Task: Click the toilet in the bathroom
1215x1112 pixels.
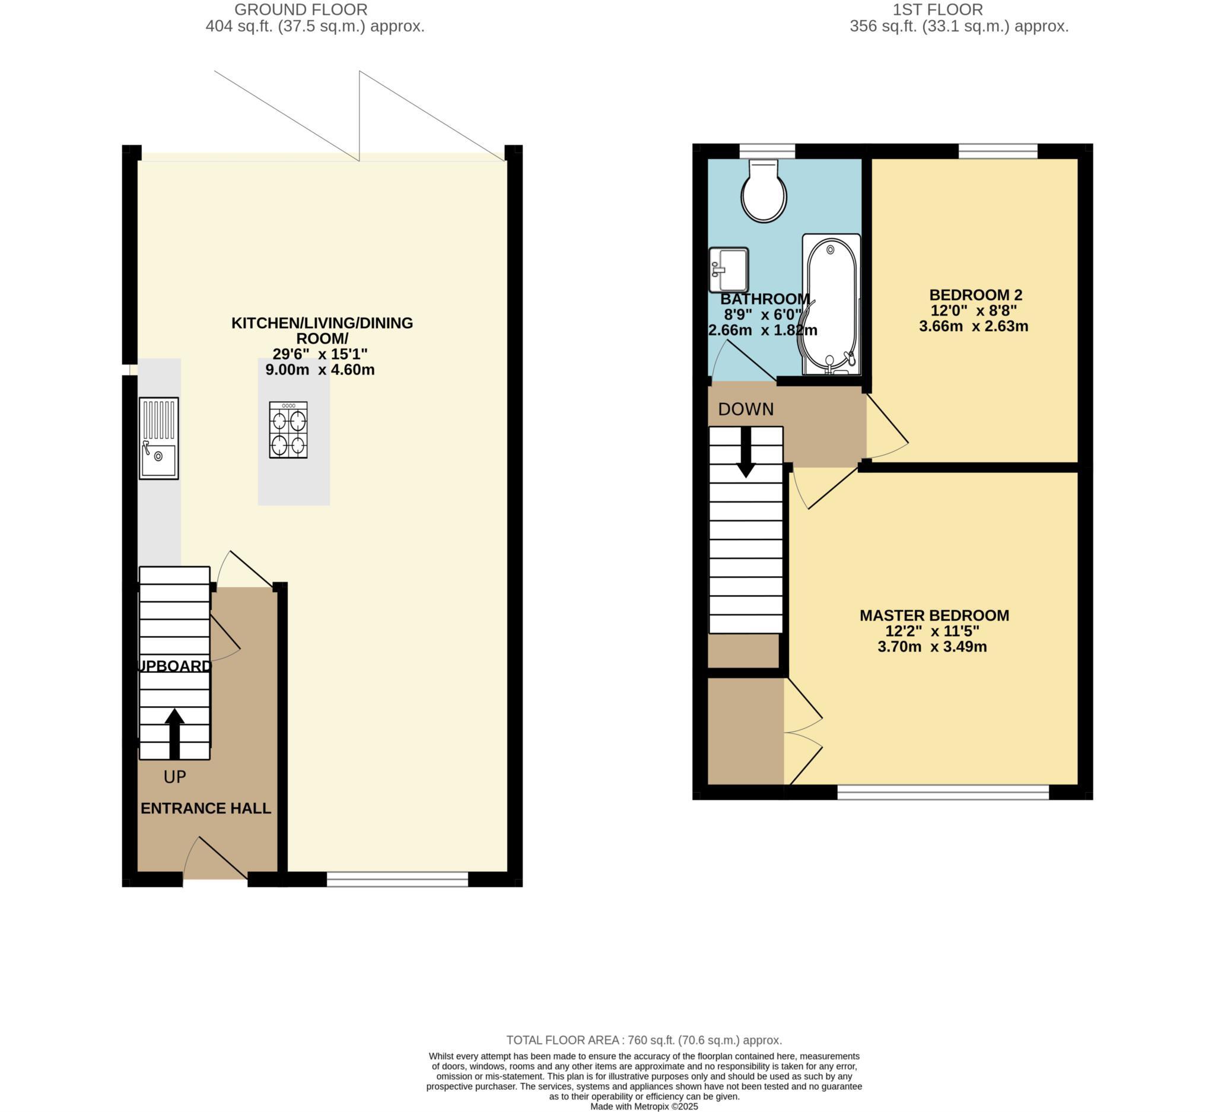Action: [x=764, y=191]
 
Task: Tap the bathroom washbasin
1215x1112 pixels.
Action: [x=729, y=269]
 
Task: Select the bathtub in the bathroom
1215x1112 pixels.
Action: [x=831, y=305]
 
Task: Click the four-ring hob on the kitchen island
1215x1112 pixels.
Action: [x=288, y=430]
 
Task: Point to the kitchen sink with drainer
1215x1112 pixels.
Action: [x=158, y=438]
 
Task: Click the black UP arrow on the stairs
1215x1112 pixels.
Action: [x=175, y=733]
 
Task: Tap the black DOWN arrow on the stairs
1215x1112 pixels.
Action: [x=746, y=452]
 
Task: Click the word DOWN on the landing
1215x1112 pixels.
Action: [x=746, y=409]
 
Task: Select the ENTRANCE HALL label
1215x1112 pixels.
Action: [x=205, y=808]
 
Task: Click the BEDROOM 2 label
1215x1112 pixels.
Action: [x=975, y=295]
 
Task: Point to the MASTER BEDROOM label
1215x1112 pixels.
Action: [x=934, y=615]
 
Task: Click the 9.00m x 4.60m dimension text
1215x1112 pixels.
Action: [x=320, y=370]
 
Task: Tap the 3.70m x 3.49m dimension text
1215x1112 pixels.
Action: [x=932, y=647]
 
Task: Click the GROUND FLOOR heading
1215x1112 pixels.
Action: [x=301, y=9]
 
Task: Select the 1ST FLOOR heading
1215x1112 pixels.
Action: [x=937, y=9]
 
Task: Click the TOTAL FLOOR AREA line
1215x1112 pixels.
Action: [x=644, y=1040]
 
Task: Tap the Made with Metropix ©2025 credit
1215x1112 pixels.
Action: [x=644, y=1107]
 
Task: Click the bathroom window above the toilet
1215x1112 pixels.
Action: [x=766, y=150]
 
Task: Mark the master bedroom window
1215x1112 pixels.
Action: [x=943, y=792]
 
